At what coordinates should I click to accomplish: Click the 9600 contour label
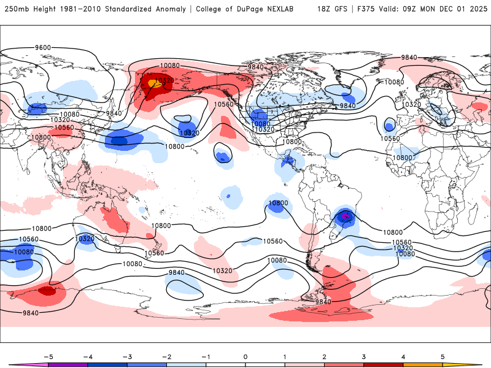click(x=43, y=47)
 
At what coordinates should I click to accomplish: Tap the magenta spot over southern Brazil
click(x=346, y=216)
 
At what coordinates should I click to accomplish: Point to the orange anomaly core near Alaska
click(x=155, y=83)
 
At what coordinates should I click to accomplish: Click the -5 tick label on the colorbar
click(x=48, y=356)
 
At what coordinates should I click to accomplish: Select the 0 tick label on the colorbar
click(x=245, y=356)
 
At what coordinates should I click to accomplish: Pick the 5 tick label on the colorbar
click(x=442, y=356)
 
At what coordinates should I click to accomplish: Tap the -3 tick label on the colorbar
click(x=127, y=356)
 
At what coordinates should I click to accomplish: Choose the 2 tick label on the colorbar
click(x=324, y=356)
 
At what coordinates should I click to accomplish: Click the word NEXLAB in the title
click(x=285, y=9)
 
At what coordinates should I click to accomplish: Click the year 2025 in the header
click(x=475, y=9)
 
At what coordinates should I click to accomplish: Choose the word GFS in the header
click(x=341, y=9)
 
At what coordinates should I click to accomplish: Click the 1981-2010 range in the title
click(x=77, y=9)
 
